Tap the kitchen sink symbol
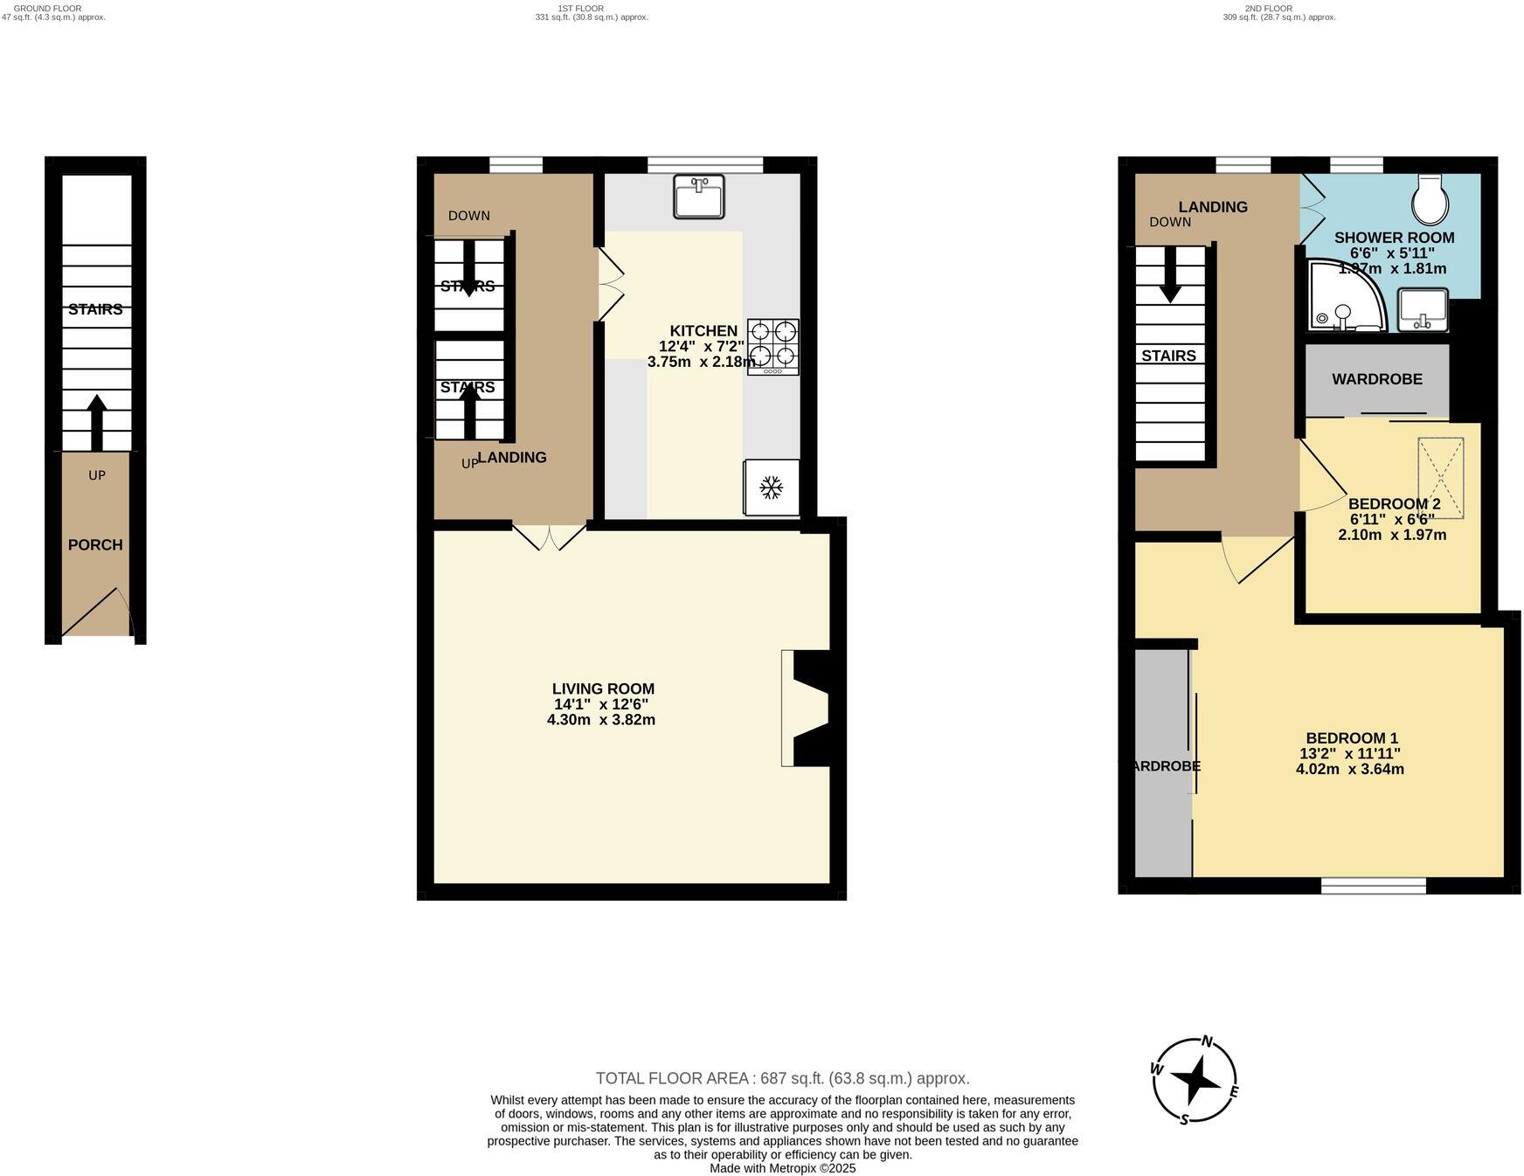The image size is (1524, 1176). click(698, 196)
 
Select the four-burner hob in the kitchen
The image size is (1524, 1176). click(772, 347)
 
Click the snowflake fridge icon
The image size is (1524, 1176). click(771, 488)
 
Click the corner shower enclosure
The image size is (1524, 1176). click(1344, 297)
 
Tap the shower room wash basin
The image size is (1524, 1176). click(1423, 310)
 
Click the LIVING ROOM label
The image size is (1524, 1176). click(603, 688)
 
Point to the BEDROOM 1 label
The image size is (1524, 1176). click(1351, 737)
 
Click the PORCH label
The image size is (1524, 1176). click(95, 544)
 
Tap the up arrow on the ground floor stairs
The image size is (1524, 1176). click(96, 422)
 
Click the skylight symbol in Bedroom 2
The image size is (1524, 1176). click(1440, 477)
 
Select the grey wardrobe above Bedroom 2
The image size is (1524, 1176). click(1377, 379)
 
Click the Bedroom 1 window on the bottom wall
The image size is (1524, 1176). click(1373, 886)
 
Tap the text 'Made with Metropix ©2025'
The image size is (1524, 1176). click(782, 1167)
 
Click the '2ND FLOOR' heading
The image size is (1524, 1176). click(1270, 8)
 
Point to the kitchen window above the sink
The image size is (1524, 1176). click(705, 165)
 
